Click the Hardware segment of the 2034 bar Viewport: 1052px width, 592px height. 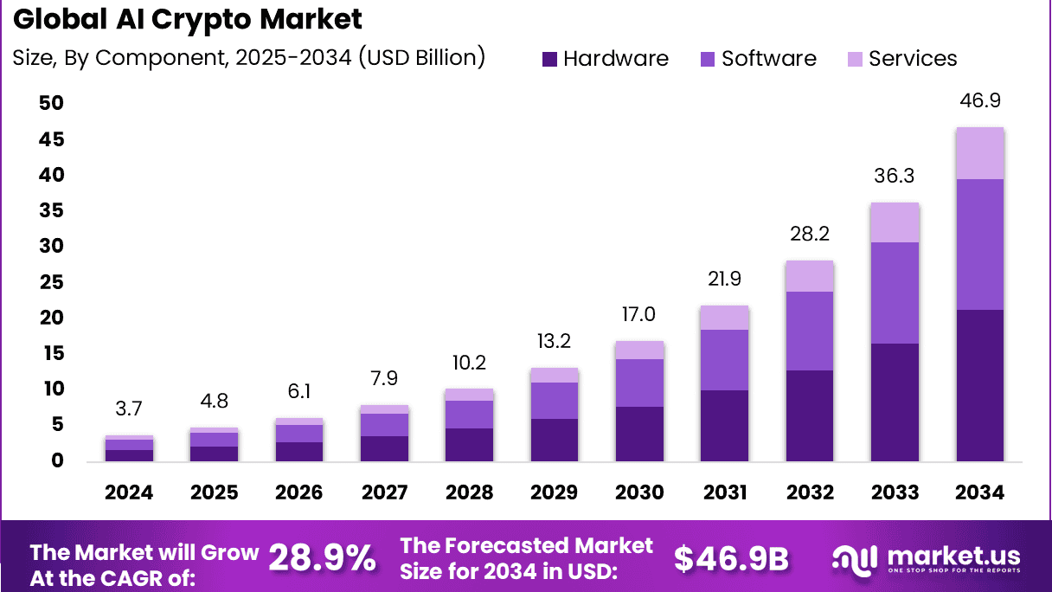click(979, 385)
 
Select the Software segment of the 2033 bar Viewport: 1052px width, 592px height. click(895, 293)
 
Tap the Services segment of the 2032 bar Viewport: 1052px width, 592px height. click(810, 276)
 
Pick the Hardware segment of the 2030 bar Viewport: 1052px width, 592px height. click(639, 433)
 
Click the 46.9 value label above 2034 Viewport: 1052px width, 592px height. click(979, 101)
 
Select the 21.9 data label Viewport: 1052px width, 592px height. click(724, 280)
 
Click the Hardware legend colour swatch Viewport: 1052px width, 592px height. click(550, 59)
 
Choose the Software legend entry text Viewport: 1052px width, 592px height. click(768, 59)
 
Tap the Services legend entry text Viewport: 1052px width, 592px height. click(913, 59)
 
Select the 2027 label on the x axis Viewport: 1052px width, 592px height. click(384, 492)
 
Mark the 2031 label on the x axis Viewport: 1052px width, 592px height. click(724, 492)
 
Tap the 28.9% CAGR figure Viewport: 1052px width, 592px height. click(322, 558)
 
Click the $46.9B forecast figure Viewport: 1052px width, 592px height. click(731, 558)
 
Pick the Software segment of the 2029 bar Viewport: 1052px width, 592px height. click(554, 401)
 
